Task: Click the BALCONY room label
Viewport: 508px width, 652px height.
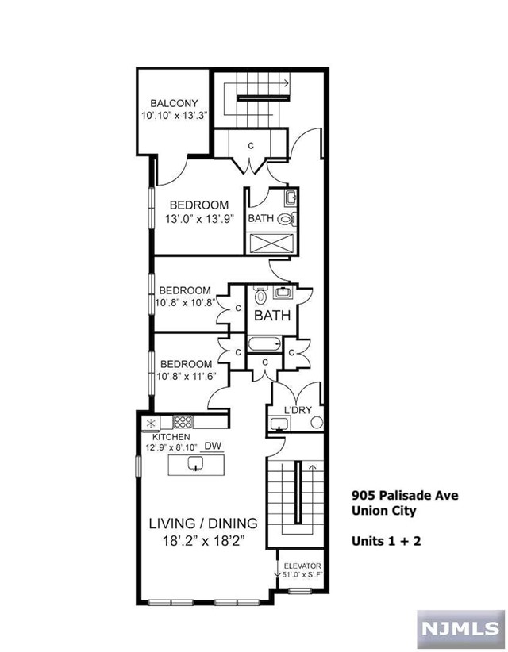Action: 174,103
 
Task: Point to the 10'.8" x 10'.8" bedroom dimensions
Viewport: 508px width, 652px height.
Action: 186,302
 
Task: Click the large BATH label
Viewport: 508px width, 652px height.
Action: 271,316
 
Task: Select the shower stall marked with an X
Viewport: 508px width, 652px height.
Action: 272,241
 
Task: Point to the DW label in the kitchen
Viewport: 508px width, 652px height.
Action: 212,447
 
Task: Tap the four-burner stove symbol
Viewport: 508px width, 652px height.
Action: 183,423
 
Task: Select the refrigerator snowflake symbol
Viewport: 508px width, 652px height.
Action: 149,423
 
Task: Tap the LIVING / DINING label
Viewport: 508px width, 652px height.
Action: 204,523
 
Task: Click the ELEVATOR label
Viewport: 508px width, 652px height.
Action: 301,566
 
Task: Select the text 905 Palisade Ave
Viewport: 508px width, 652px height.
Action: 404,495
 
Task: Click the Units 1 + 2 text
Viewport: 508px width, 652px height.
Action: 385,541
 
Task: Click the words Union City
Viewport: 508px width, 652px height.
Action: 383,511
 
